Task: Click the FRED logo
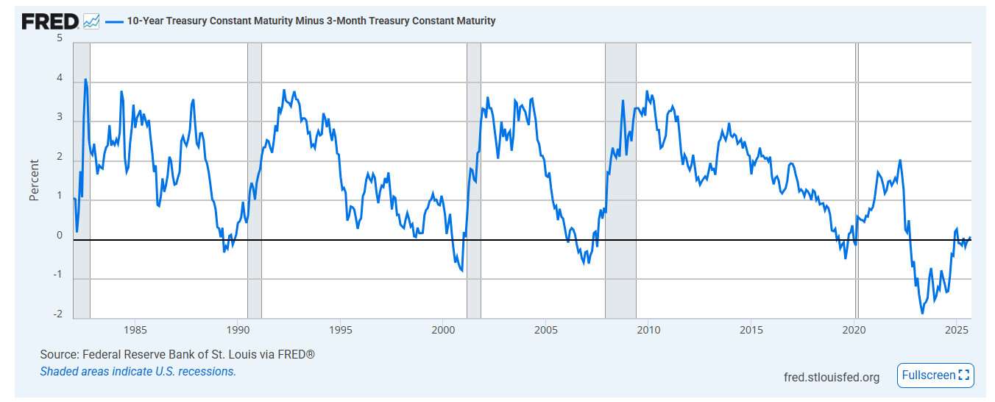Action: pyautogui.click(x=49, y=21)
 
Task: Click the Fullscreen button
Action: pyautogui.click(x=935, y=375)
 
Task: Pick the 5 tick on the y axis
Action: pyautogui.click(x=60, y=38)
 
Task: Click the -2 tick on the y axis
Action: pyautogui.click(x=57, y=314)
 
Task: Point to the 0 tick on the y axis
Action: pyautogui.click(x=60, y=236)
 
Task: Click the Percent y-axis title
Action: pyautogui.click(x=34, y=180)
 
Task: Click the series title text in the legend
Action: pyautogui.click(x=311, y=21)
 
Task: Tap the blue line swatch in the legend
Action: pyautogui.click(x=114, y=21)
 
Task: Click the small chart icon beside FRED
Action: pyautogui.click(x=91, y=21)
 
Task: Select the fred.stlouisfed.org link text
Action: pyautogui.click(x=832, y=377)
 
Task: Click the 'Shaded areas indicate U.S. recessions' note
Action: pyautogui.click(x=138, y=371)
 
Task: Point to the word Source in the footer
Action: pyautogui.click(x=58, y=355)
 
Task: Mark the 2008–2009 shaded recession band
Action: pyautogui.click(x=620, y=180)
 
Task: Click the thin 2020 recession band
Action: pyautogui.click(x=857, y=180)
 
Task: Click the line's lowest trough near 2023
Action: pyautogui.click(x=922, y=313)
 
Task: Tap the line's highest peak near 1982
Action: pyautogui.click(x=85, y=79)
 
